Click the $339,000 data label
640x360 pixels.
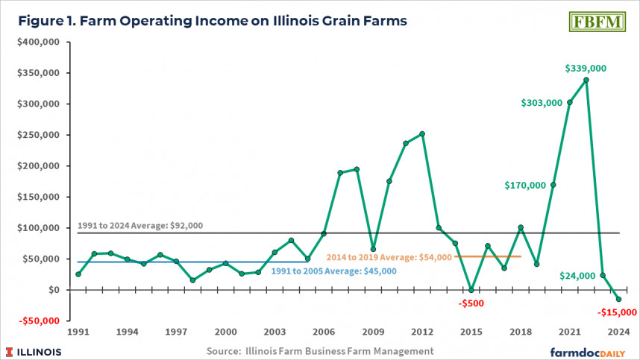click(586, 69)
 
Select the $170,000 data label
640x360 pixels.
click(525, 185)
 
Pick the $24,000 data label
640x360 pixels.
click(578, 276)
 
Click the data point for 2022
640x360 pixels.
click(586, 80)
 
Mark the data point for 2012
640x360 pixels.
click(422, 134)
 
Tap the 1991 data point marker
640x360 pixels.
click(78, 274)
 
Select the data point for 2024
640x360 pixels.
click(619, 299)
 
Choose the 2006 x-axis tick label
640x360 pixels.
click(324, 332)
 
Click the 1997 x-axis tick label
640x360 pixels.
click(176, 332)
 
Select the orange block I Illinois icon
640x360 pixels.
click(10, 350)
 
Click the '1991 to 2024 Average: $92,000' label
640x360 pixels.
click(139, 225)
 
